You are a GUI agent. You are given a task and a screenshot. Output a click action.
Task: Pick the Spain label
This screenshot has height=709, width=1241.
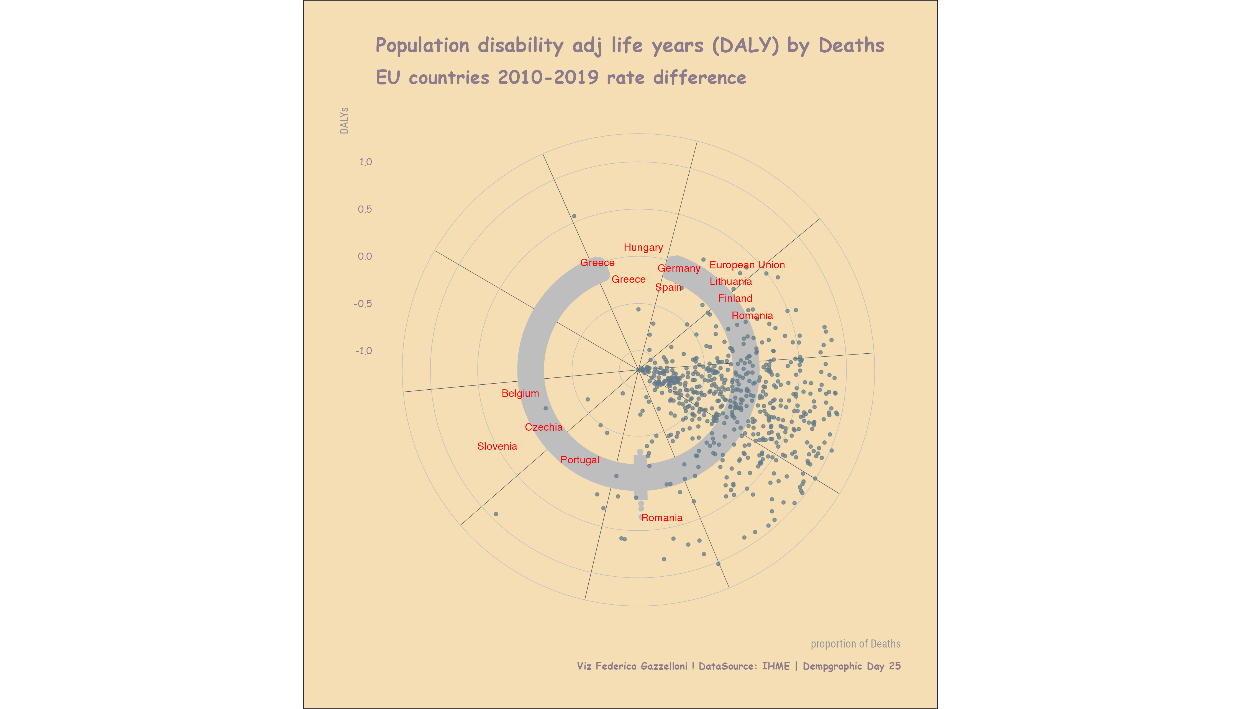pyautogui.click(x=668, y=287)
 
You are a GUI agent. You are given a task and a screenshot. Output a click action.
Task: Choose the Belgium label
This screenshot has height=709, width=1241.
pyautogui.click(x=520, y=394)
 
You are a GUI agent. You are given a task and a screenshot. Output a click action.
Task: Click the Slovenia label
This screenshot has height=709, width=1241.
pyautogui.click(x=497, y=446)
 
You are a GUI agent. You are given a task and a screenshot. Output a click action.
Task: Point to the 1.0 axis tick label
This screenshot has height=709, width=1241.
pyautogui.click(x=365, y=162)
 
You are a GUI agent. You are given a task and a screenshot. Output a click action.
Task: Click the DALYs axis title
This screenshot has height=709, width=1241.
pyautogui.click(x=344, y=121)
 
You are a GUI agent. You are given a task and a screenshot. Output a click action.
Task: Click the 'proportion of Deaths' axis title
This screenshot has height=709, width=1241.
pyautogui.click(x=855, y=644)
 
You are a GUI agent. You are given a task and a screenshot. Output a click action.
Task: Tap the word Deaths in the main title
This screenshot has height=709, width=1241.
pyautogui.click(x=851, y=46)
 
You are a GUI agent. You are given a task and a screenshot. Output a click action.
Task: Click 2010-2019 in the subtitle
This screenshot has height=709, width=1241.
pyautogui.click(x=548, y=78)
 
